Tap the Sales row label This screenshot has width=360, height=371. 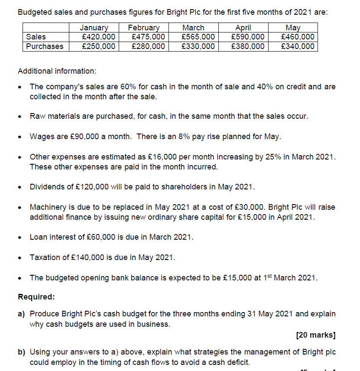(x=36, y=37)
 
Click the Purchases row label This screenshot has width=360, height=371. (x=45, y=46)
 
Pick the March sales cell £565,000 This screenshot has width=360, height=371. (x=198, y=37)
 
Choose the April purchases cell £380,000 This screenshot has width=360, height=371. (x=248, y=46)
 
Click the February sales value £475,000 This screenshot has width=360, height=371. (x=148, y=37)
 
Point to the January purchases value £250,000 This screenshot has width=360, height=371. (x=99, y=46)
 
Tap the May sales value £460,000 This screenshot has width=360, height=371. (x=298, y=37)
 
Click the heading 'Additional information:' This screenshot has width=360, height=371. (x=57, y=71)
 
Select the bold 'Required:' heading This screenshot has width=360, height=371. (x=36, y=297)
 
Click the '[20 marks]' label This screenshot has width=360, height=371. (x=316, y=335)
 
